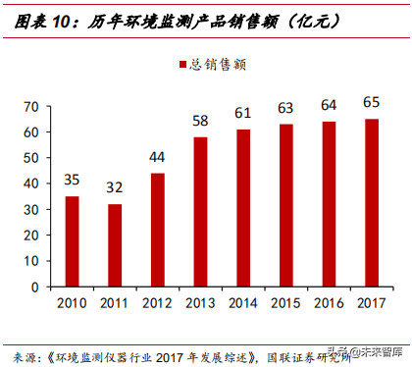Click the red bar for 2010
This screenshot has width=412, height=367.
pyautogui.click(x=73, y=241)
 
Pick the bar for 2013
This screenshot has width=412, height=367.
pyautogui.click(x=199, y=212)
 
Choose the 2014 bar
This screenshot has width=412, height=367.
pyautogui.click(x=242, y=208)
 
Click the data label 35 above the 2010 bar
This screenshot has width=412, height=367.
pyautogui.click(x=73, y=180)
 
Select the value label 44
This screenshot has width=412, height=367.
pyautogui.click(x=157, y=157)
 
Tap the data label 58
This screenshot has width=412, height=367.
pyautogui.click(x=199, y=121)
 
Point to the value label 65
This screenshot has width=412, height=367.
pyautogui.click(x=371, y=102)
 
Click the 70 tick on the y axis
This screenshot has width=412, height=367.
pyautogui.click(x=30, y=106)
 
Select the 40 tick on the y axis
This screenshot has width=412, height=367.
pyautogui.click(x=30, y=183)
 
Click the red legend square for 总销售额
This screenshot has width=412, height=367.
pyautogui.click(x=181, y=65)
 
